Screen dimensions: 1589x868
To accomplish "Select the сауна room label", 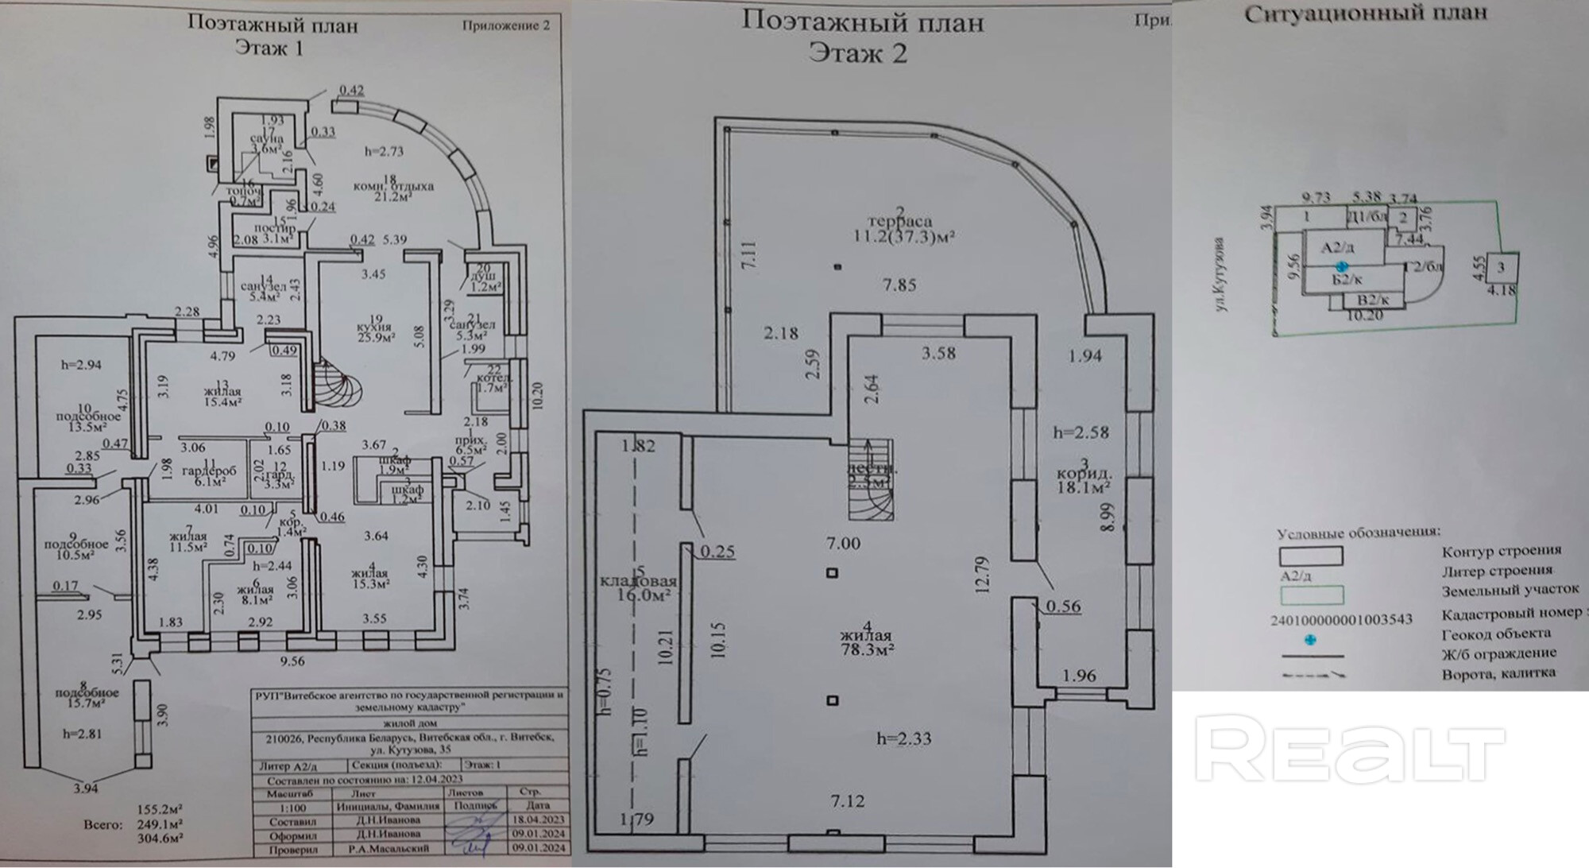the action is (x=267, y=138).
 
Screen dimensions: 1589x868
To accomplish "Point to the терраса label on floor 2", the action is (x=899, y=222).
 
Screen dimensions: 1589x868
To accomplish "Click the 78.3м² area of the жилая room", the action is (x=868, y=649).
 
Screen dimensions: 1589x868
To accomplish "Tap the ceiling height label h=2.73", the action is (x=384, y=151).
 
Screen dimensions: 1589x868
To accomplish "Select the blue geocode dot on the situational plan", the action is (x=1341, y=267).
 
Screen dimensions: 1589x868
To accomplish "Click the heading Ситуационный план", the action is (x=1365, y=14).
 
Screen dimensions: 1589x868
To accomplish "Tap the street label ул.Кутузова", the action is (x=1222, y=274).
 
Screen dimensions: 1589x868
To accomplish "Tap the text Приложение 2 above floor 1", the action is (x=505, y=25).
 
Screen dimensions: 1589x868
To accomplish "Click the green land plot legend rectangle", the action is (x=1311, y=595).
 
